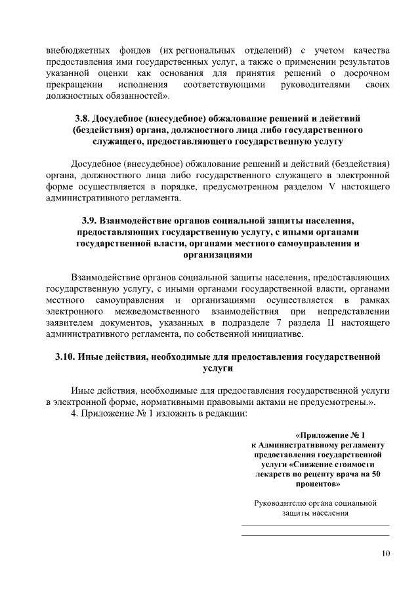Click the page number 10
pos(386,554)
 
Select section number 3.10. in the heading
pos(64,357)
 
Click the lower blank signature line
pos(316,536)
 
